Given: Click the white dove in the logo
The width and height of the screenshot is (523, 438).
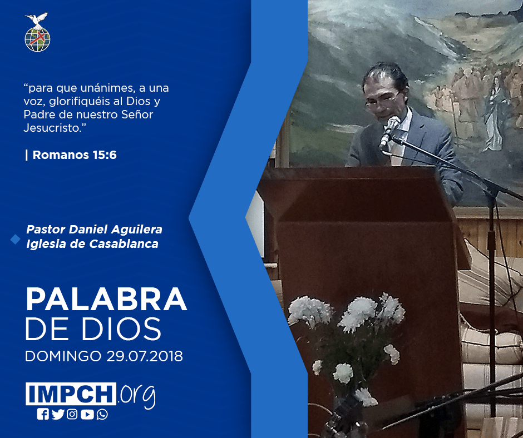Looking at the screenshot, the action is [37, 19].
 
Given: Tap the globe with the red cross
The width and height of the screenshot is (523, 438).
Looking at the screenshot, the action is [37, 39].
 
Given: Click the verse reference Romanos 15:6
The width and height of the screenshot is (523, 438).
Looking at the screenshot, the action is [75, 155].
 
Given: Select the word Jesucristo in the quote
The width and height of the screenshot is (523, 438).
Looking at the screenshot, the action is [53, 128].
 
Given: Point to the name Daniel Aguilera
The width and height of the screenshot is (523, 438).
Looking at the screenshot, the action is [115, 230].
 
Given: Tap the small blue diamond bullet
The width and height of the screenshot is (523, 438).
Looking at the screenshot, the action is [16, 239].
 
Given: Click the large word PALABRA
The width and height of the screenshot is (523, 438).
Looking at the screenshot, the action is [106, 299].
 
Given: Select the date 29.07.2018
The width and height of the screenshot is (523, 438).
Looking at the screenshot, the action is [145, 356].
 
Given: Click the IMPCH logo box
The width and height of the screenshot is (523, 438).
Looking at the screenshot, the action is [71, 394].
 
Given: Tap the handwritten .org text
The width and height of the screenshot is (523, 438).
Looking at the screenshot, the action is [136, 396].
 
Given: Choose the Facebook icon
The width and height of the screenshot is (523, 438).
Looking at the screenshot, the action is [43, 414].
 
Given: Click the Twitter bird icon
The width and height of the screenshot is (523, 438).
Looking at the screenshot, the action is [58, 414].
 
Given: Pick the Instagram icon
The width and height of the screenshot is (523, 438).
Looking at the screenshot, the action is [72, 414].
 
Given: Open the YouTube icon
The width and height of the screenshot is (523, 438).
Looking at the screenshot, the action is [87, 414].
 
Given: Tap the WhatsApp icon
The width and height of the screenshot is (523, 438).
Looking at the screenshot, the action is [102, 414].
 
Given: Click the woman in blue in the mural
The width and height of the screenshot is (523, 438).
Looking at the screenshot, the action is [495, 113].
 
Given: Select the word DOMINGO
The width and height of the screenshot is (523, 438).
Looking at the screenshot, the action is [63, 356].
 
